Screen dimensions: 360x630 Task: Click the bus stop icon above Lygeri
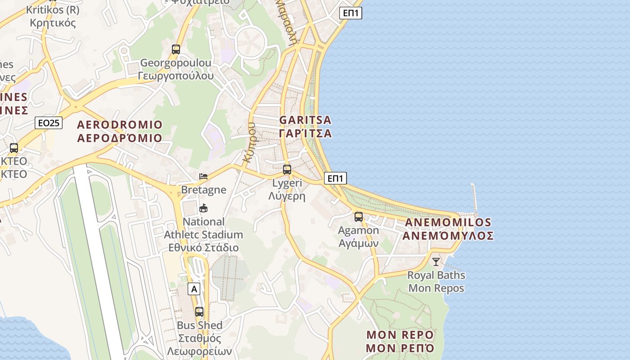(287, 170)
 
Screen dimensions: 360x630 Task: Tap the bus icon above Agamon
(359, 217)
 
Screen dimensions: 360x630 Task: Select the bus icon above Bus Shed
(199, 311)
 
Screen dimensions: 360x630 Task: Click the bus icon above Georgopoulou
(176, 49)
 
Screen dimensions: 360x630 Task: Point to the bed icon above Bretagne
(203, 176)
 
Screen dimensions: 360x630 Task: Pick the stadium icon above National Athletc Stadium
(203, 208)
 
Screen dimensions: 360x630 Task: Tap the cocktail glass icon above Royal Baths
(436, 261)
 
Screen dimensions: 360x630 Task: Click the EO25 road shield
(49, 122)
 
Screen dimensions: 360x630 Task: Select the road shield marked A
(194, 289)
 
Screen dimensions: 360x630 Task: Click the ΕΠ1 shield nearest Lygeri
(335, 179)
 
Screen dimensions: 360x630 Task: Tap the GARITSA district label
(306, 120)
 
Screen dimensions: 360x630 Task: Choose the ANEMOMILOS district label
(448, 222)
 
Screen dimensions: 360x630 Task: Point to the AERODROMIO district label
(120, 125)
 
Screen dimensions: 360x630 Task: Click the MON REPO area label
(400, 335)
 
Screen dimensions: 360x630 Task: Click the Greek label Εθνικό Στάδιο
(203, 247)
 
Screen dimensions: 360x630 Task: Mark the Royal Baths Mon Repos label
(436, 281)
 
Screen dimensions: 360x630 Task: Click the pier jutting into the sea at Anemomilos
(473, 198)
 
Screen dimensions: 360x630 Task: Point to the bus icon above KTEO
(14, 148)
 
